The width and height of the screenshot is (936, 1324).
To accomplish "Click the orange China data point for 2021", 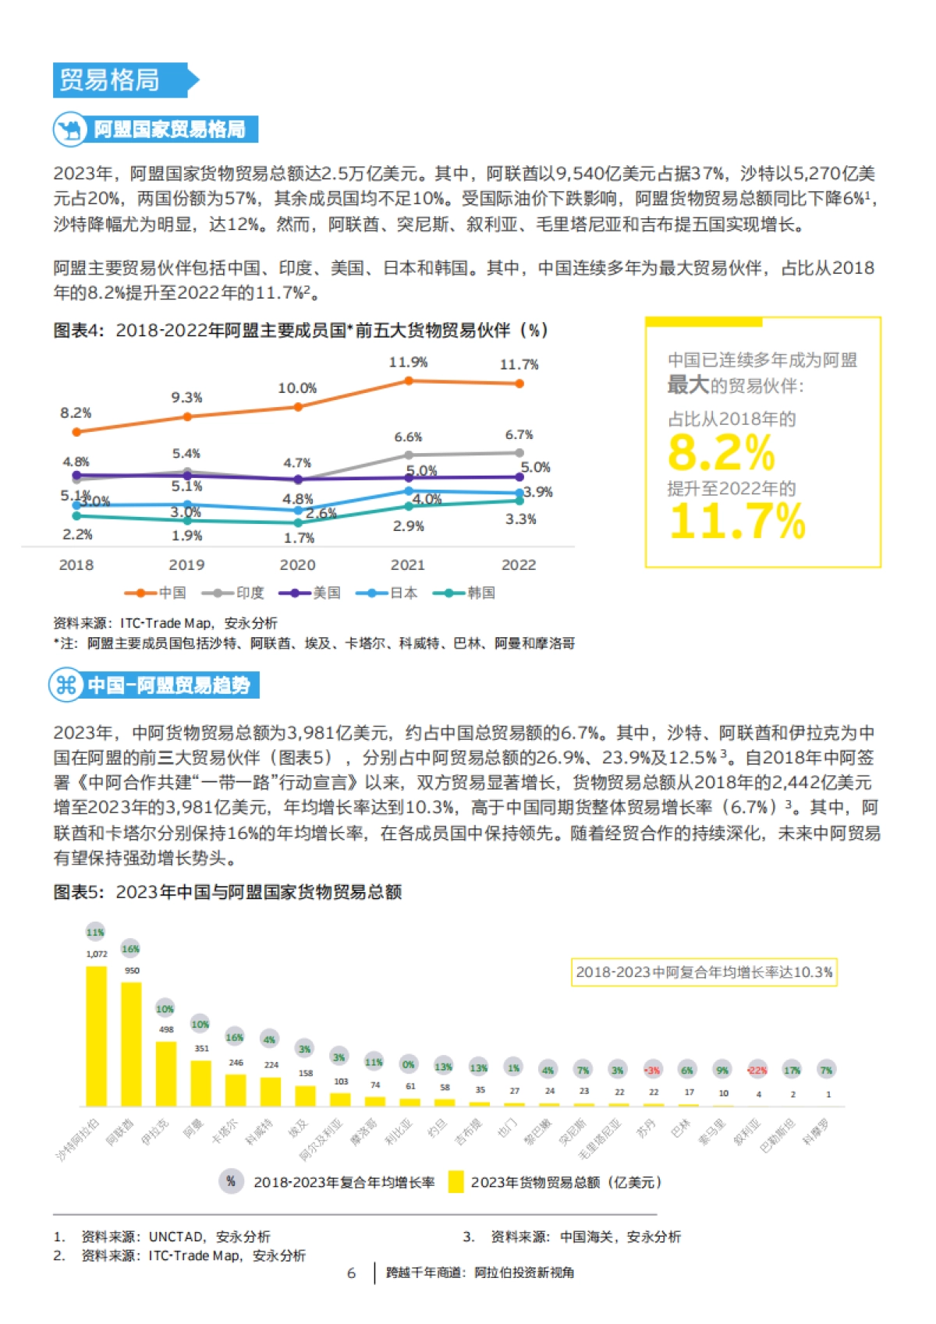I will coord(408,381).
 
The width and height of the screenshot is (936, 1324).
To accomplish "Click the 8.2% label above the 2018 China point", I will coord(76,412).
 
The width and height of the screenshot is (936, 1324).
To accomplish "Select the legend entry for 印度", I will coord(233,593).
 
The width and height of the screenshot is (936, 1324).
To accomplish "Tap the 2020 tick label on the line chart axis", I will coord(297,565).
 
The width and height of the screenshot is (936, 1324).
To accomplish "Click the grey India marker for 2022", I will coord(519,452).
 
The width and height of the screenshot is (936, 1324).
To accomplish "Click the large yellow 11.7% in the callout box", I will coord(737,521).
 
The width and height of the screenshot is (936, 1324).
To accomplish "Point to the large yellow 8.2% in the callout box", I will coord(721,452).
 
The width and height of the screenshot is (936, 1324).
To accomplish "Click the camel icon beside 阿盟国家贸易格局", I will coord(70,129).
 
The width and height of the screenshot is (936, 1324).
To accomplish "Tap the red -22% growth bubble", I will coord(757,1070).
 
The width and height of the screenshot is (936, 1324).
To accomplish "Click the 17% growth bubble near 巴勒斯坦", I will coord(792,1070).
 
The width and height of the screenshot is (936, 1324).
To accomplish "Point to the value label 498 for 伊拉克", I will coord(166,1029).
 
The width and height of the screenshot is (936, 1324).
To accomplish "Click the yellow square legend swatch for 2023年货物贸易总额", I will coord(456,1182).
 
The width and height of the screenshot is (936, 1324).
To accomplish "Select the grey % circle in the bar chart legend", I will coord(230,1181).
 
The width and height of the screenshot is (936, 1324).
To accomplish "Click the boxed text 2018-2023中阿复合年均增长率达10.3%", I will coord(704,972).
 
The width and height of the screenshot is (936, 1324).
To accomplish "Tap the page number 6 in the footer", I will coord(351,1273).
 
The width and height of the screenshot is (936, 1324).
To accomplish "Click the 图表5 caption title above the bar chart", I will coord(227,892).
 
